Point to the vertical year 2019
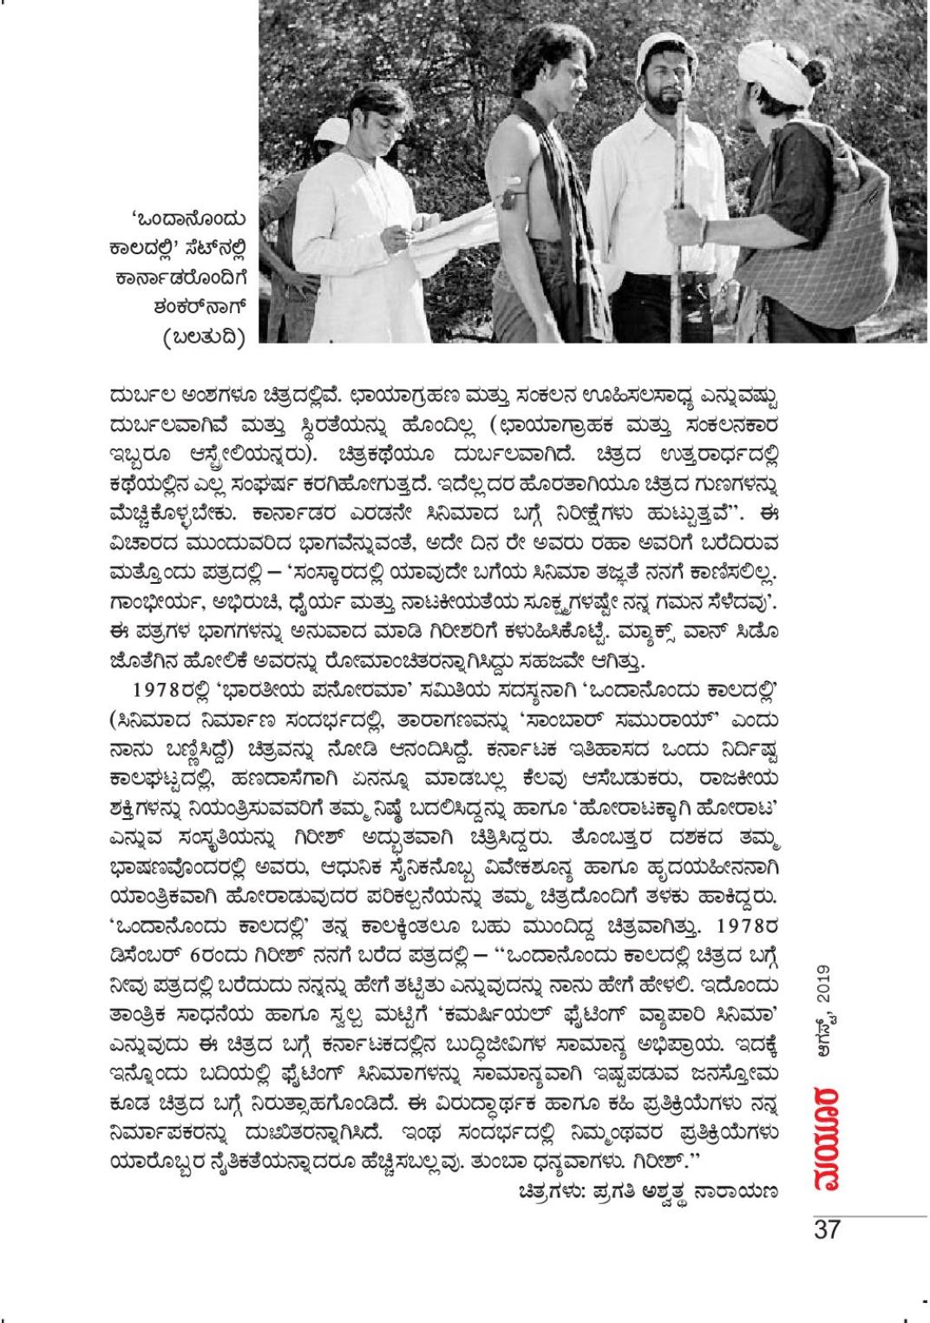pos(825,988)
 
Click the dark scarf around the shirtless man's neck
pos(533,174)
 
